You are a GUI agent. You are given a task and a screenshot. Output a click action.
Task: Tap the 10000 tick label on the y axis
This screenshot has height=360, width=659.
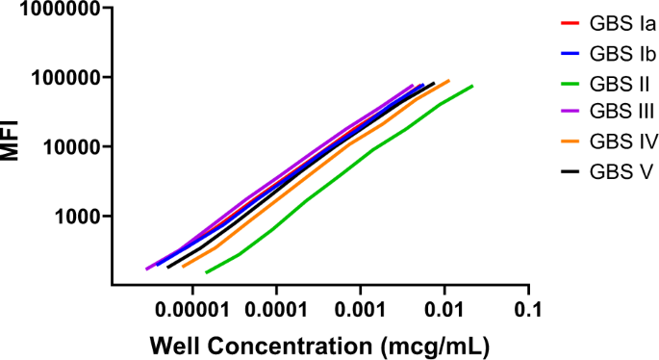(x=66, y=147)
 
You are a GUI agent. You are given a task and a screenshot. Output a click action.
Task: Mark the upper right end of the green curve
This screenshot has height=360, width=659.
(x=472, y=86)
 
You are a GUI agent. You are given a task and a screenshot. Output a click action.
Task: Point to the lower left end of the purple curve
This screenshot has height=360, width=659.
(x=146, y=270)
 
